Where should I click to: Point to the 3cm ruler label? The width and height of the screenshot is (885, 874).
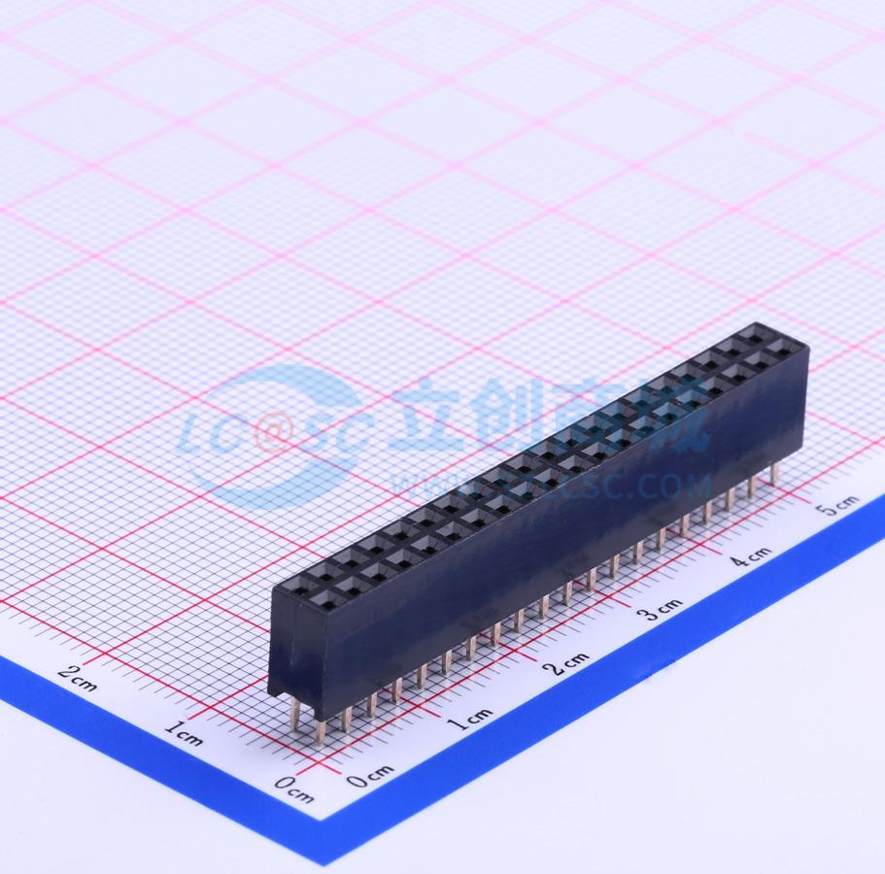[660, 610]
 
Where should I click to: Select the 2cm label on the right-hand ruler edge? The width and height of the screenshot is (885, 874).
[566, 662]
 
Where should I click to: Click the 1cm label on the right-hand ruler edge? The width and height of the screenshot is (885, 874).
[469, 718]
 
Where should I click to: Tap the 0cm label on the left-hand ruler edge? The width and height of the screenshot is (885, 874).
[293, 790]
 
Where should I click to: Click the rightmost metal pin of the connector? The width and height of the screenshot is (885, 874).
[774, 474]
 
